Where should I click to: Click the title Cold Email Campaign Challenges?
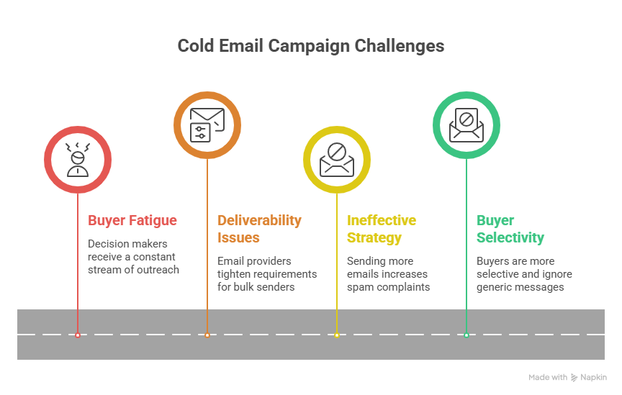tap(311, 46)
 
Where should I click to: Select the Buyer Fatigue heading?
tap(132, 220)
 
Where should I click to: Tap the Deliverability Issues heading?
tap(259, 228)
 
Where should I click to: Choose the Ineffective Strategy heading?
tap(382, 228)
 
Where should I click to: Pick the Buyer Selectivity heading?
tap(510, 228)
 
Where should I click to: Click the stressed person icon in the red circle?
tap(77, 159)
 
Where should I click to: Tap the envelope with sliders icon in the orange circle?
tap(207, 124)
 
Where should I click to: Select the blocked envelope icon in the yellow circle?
tap(336, 159)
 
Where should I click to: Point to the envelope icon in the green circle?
tap(466, 124)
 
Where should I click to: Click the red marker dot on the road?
tap(78, 335)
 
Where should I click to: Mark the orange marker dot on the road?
tap(207, 335)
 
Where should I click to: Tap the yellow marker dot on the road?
tap(336, 335)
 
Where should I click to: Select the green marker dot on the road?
tap(466, 335)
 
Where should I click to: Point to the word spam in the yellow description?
tap(360, 287)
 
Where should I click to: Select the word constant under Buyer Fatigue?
tap(155, 257)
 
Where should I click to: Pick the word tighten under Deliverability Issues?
tap(235, 274)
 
